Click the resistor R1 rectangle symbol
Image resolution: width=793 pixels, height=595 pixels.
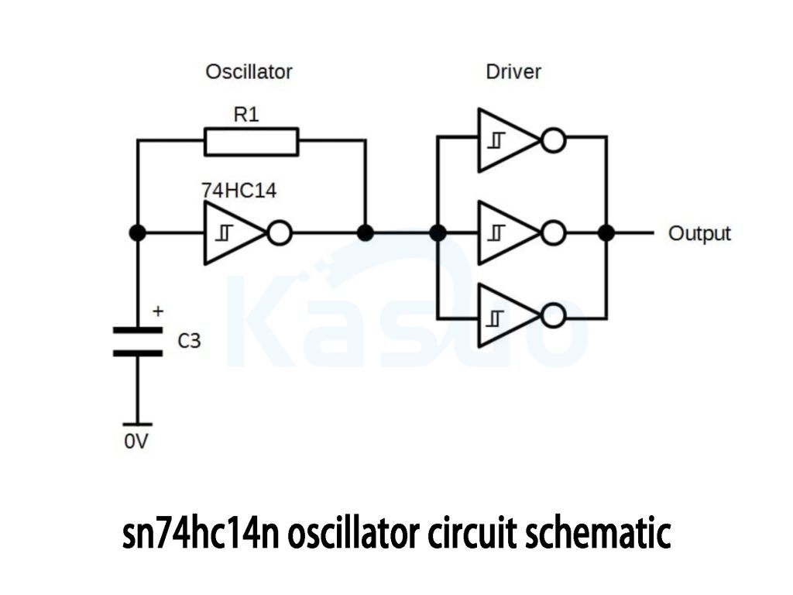[x=251, y=142]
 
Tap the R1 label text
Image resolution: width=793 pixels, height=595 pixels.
[x=246, y=115]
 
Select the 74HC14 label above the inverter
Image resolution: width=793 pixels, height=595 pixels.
[x=238, y=191]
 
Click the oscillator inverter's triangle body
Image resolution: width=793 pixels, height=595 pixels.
[x=230, y=232]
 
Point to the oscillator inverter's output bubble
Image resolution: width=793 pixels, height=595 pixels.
[x=280, y=232]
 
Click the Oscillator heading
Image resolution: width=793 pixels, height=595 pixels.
[x=249, y=72]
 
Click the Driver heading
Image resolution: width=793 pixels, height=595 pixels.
[x=513, y=72]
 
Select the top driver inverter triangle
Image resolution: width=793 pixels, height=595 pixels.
[x=503, y=140]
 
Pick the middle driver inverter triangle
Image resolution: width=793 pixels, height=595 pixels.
[x=503, y=232]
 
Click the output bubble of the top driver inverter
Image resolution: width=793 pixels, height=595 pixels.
[x=554, y=140]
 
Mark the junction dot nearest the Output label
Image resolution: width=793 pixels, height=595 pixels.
[x=606, y=232]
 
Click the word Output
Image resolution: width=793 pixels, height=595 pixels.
[x=699, y=233]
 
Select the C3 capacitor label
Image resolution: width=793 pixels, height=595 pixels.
[x=190, y=340]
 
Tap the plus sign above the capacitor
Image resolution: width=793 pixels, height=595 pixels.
[x=158, y=311]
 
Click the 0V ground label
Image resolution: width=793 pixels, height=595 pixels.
[x=136, y=444]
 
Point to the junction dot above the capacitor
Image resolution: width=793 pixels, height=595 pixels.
[x=137, y=232]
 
